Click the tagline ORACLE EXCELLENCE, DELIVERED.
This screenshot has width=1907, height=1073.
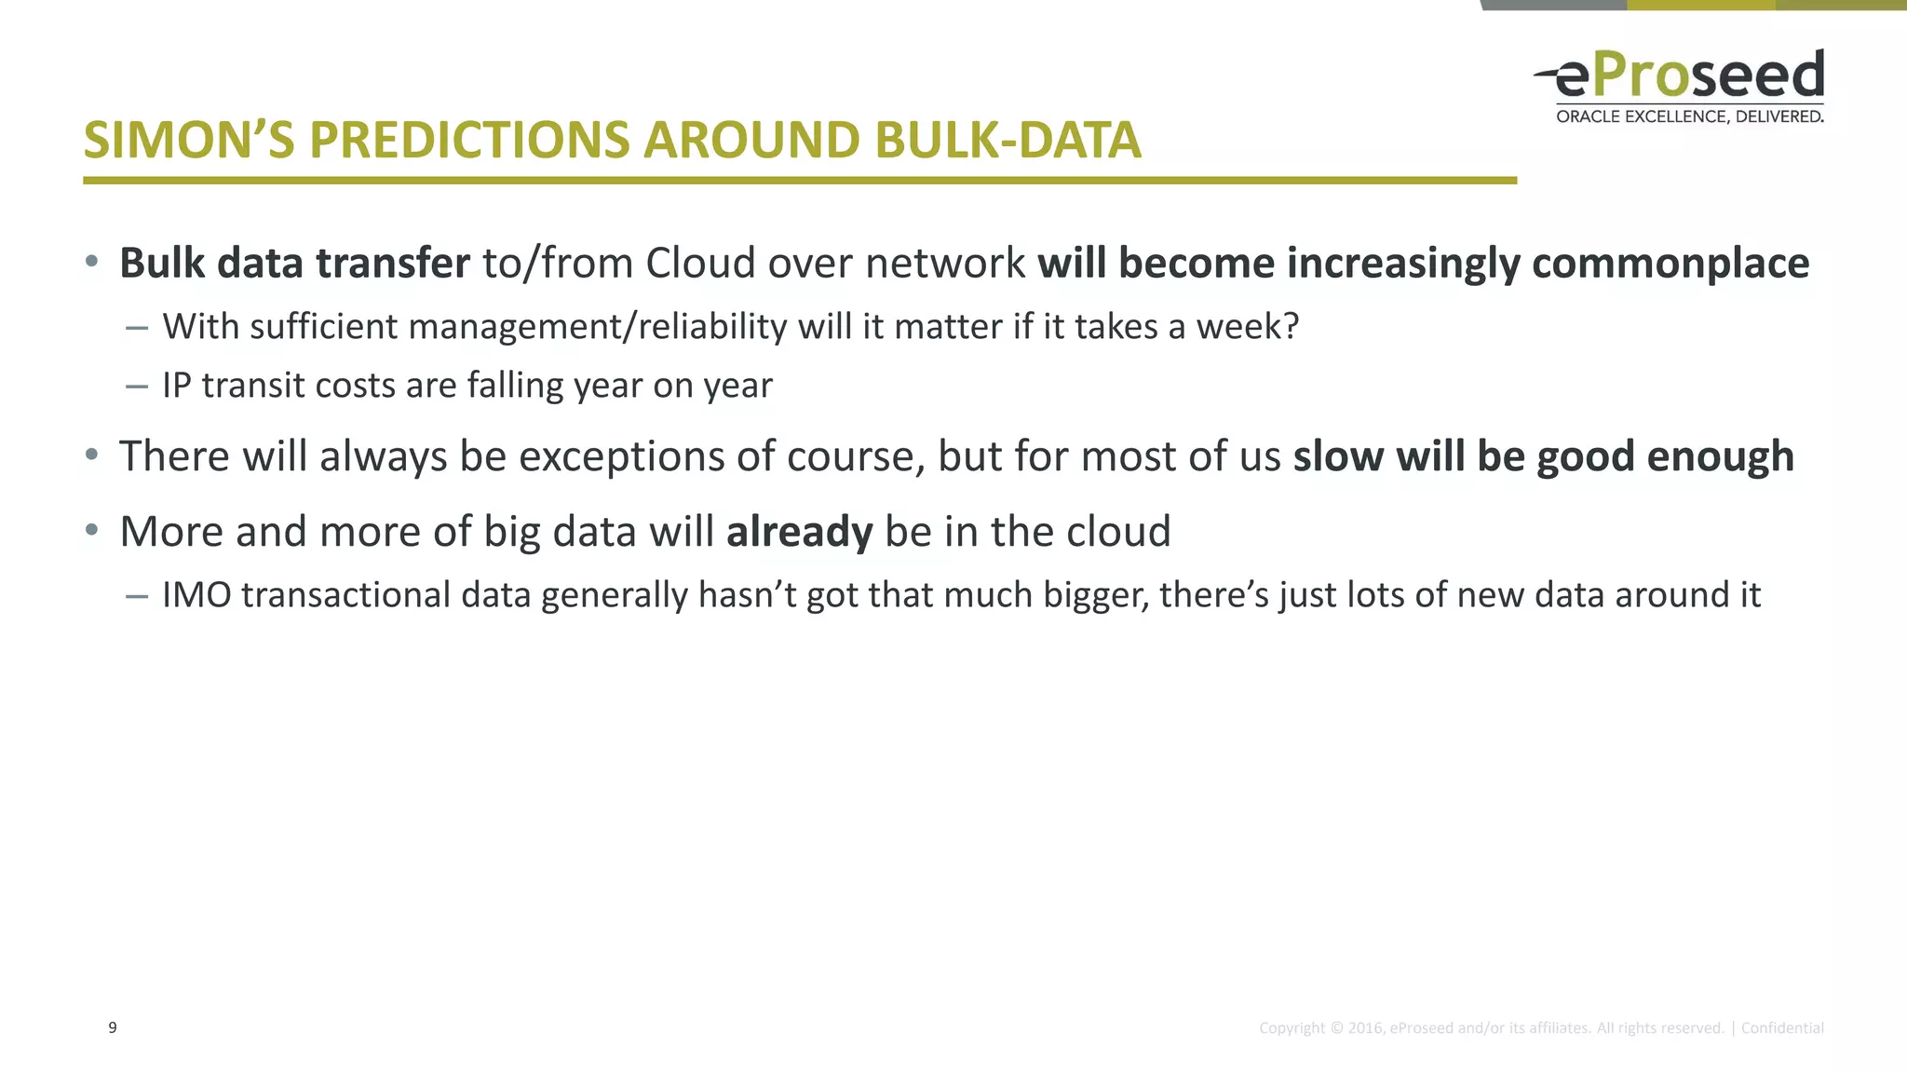click(x=1689, y=116)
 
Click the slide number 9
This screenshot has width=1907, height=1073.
click(x=113, y=1027)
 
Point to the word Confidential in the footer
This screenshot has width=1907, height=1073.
click(x=1781, y=1028)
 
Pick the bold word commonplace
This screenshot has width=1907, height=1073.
click(x=1670, y=264)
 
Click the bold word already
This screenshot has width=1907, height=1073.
click(x=799, y=532)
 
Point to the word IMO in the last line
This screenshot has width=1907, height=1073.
click(x=196, y=595)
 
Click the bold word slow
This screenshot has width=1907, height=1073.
click(x=1338, y=456)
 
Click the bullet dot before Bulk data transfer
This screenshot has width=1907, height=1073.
click(x=91, y=262)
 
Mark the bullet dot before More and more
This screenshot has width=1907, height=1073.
click(x=91, y=530)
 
